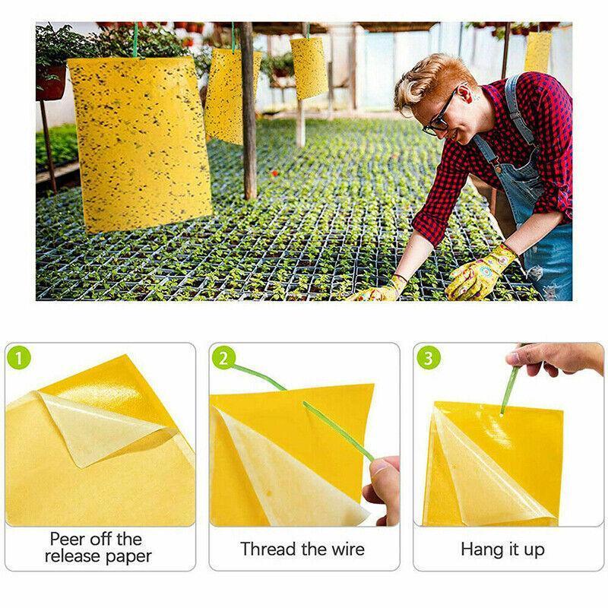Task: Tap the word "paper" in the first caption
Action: [x=128, y=557]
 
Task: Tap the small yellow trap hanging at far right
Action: [x=537, y=52]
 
